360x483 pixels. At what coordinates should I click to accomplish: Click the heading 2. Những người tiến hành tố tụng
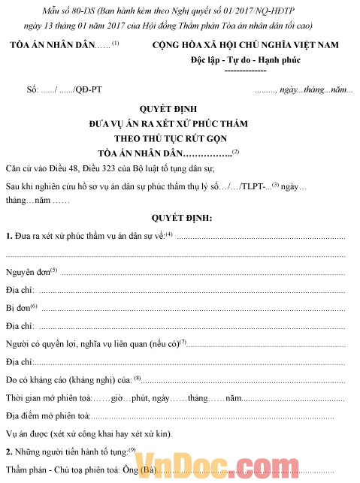(x=66, y=452)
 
